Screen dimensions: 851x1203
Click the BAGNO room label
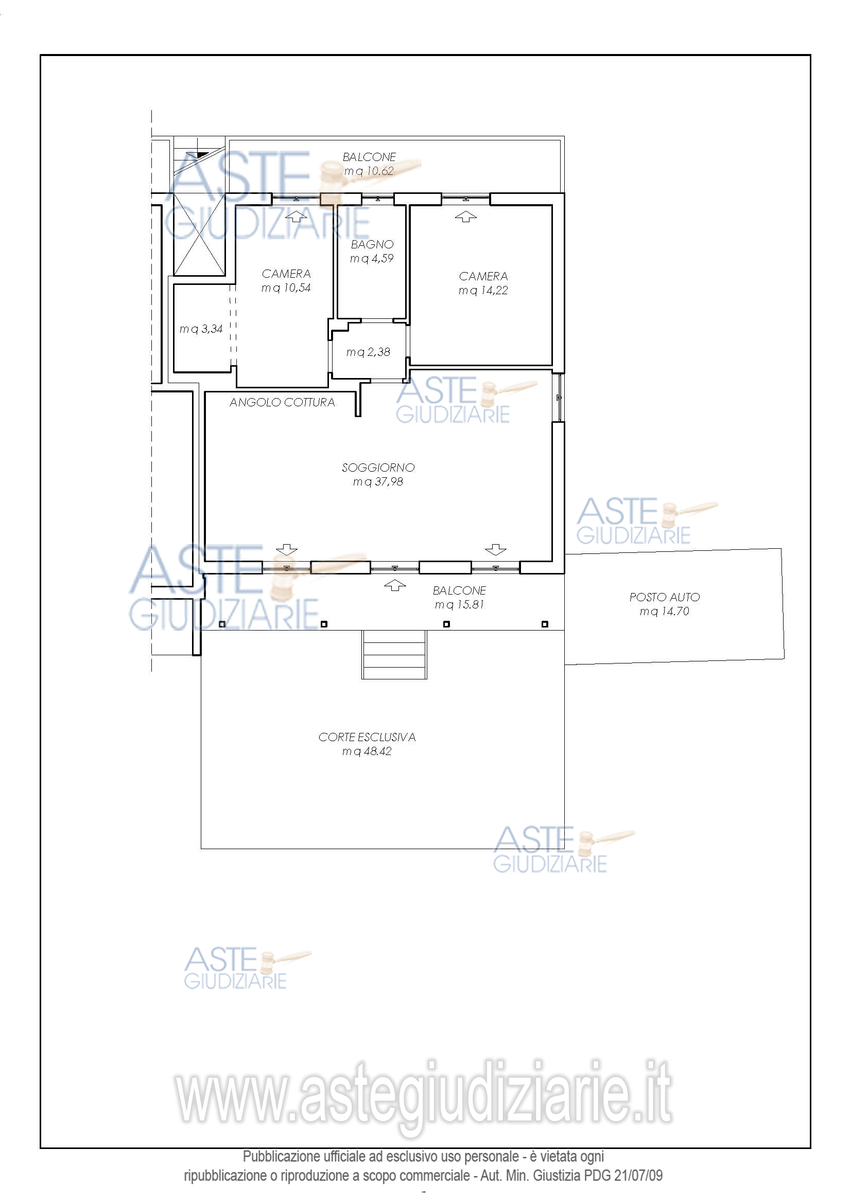pyautogui.click(x=372, y=244)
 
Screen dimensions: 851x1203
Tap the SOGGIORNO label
pyautogui.click(x=378, y=468)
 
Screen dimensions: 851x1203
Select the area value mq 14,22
pyautogui.click(x=483, y=290)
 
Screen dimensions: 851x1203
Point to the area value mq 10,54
pyautogui.click(x=286, y=288)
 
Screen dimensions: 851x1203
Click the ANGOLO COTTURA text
pyautogui.click(x=282, y=402)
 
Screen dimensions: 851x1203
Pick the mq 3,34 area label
pyautogui.click(x=201, y=329)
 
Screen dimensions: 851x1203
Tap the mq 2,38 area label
pyautogui.click(x=368, y=352)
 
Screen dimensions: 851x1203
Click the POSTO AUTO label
pyautogui.click(x=664, y=597)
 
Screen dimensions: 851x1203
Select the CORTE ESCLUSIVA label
pyautogui.click(x=367, y=737)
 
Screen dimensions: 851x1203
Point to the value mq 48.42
pyautogui.click(x=367, y=751)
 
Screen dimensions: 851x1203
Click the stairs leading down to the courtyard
pyautogui.click(x=394, y=654)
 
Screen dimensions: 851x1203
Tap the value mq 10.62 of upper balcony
pyautogui.click(x=369, y=171)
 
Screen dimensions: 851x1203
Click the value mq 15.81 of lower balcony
pyautogui.click(x=459, y=604)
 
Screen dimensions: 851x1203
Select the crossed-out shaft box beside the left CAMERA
pyautogui.click(x=199, y=234)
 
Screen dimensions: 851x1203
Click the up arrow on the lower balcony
pyautogui.click(x=395, y=585)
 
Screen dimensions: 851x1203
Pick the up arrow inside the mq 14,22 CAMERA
pyautogui.click(x=465, y=217)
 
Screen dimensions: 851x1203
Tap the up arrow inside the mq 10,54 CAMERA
pyautogui.click(x=296, y=216)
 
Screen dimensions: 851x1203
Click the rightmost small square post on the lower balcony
pyautogui.click(x=545, y=624)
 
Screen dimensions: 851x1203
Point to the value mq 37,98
pyautogui.click(x=378, y=481)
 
